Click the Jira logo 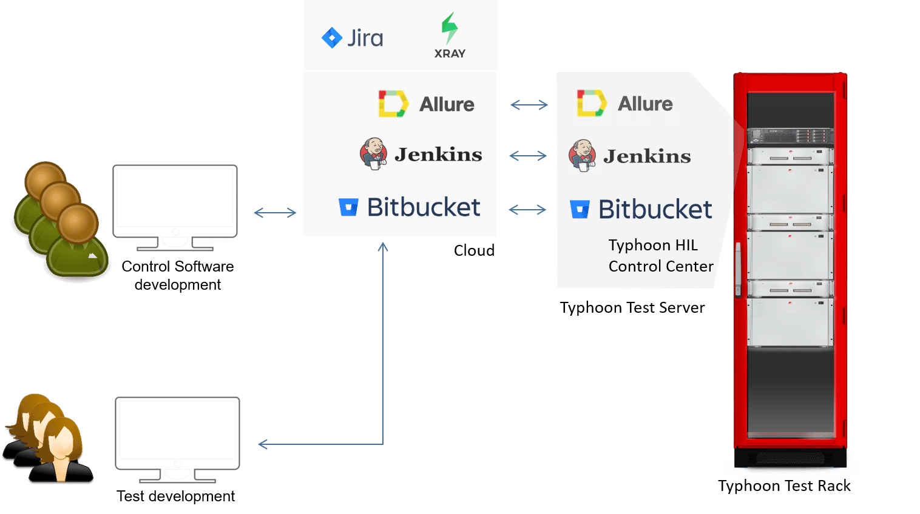pos(351,38)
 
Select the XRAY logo pos(450,36)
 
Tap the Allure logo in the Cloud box pos(431,104)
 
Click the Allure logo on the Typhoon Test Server pos(630,103)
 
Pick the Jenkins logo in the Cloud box pos(421,153)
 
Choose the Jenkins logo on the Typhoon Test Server pos(629,155)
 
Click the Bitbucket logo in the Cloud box pos(410,207)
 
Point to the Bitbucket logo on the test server pos(641,209)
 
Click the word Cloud pos(474,250)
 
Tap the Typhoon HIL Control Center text pos(660,256)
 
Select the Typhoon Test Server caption pos(632,308)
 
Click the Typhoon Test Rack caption pos(784,486)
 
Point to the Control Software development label pos(178,275)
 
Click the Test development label pos(176,496)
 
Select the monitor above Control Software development pos(175,207)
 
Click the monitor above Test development pos(177,439)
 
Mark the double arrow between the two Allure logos pos(529,105)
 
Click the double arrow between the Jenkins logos pos(529,156)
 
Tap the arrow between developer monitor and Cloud pos(275,213)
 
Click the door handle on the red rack pos(738,270)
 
